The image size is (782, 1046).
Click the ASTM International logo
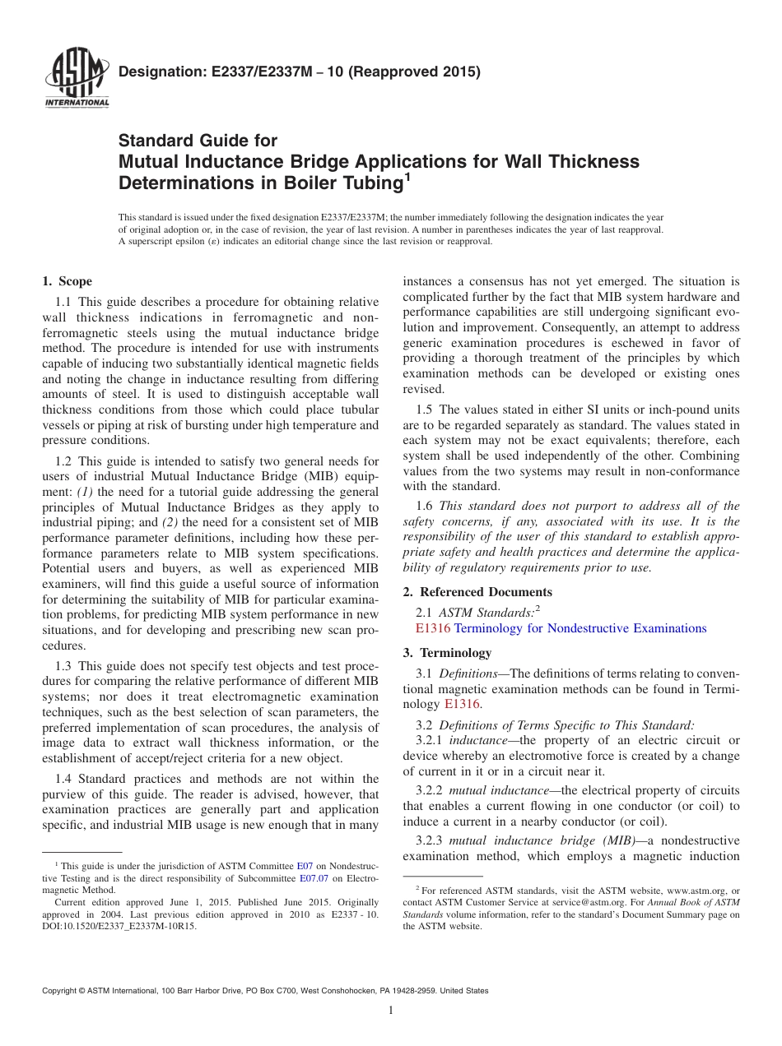(76, 79)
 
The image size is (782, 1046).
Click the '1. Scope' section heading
(67, 281)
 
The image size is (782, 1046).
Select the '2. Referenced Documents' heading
(477, 592)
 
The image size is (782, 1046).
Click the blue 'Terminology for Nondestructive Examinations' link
(580, 628)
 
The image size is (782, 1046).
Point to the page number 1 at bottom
(391, 1011)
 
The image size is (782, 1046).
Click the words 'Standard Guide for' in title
(198, 141)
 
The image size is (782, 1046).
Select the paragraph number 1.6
(425, 507)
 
